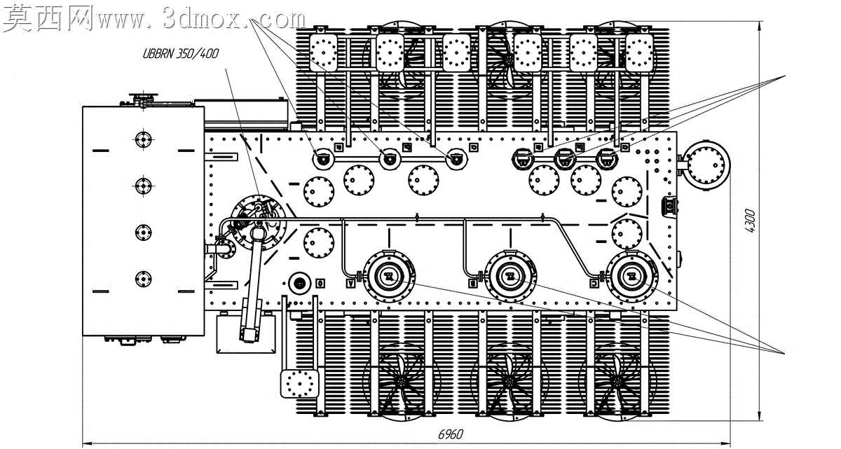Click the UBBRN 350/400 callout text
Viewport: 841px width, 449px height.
(x=180, y=54)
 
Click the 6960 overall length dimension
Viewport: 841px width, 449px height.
(x=451, y=434)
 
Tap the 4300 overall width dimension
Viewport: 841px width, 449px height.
(x=749, y=221)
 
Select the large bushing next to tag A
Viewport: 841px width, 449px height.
(x=390, y=277)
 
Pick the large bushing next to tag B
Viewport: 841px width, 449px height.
(x=510, y=277)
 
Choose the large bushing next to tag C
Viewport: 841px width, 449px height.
(x=632, y=277)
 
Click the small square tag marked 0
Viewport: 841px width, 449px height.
(x=320, y=283)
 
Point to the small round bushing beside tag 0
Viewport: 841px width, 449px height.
(x=300, y=283)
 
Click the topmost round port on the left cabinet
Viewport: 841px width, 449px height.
(x=143, y=139)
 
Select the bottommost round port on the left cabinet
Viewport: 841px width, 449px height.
(x=143, y=279)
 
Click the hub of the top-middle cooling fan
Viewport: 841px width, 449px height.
(x=509, y=59)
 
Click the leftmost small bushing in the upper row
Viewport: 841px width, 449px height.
(x=323, y=160)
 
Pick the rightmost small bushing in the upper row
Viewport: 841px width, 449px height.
(x=606, y=160)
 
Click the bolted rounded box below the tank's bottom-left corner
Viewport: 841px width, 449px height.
(x=300, y=384)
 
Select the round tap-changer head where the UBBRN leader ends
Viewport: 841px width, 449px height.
(x=259, y=223)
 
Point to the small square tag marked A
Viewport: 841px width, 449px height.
(x=351, y=283)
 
